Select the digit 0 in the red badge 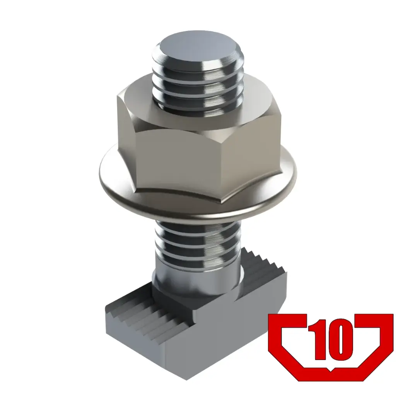[x=340, y=340]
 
